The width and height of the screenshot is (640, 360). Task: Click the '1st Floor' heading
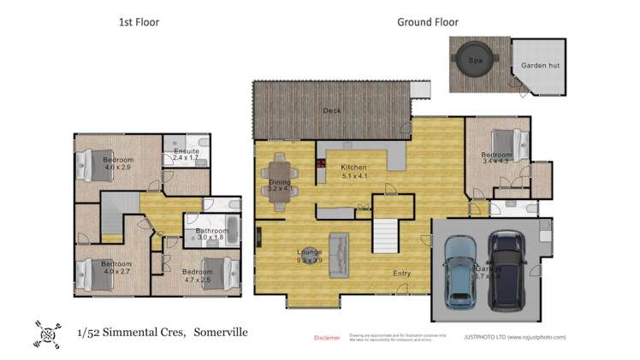point(139,22)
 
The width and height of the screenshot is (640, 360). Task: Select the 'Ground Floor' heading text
point(427,22)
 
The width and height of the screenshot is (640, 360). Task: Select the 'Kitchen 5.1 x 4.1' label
point(353,172)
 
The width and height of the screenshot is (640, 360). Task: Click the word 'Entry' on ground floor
point(401,274)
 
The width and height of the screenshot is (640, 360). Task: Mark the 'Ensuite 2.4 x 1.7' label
point(186,155)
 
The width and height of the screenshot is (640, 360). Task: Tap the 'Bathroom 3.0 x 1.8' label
point(211,234)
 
